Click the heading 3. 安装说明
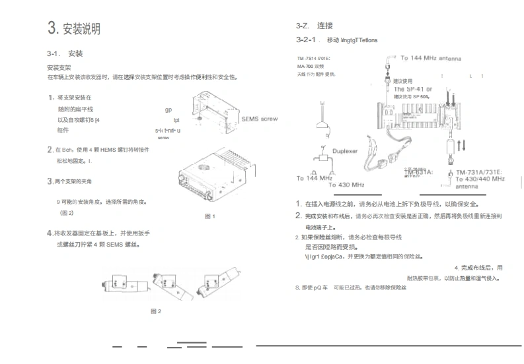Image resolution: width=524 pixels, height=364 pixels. point(74,28)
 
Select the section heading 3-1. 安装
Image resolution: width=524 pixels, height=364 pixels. point(65,53)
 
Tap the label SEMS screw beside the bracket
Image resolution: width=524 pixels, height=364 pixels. point(260,119)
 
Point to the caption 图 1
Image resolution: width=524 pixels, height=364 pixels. point(210,216)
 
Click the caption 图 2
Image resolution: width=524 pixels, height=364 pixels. point(156,311)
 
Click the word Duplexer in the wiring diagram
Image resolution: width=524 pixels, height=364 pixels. point(344,151)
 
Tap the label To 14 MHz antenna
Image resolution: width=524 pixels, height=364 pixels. point(435,58)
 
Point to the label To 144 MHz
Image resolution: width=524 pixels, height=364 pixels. point(314,178)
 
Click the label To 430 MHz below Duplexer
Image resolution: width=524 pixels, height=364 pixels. point(346,185)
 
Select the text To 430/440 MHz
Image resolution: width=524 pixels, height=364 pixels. point(480,179)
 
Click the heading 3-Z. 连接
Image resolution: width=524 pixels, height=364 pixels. point(315,26)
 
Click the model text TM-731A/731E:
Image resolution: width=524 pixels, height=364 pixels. point(478,171)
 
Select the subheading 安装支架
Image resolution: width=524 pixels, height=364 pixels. point(59,67)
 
